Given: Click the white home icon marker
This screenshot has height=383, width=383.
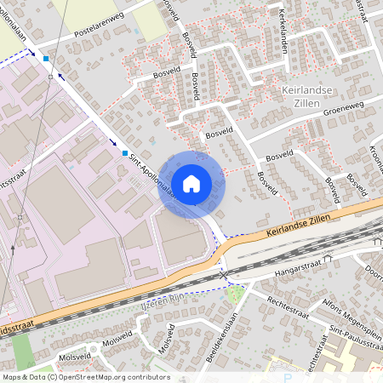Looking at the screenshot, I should tap(191, 183).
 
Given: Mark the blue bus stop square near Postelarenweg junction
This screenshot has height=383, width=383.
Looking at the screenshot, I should tap(47, 60).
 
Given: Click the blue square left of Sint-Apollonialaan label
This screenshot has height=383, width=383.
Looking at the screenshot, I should tap(124, 154).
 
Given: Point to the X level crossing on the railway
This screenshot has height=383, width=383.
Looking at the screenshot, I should tap(225, 277).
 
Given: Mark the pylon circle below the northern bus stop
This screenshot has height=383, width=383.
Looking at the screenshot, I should tap(50, 77).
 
